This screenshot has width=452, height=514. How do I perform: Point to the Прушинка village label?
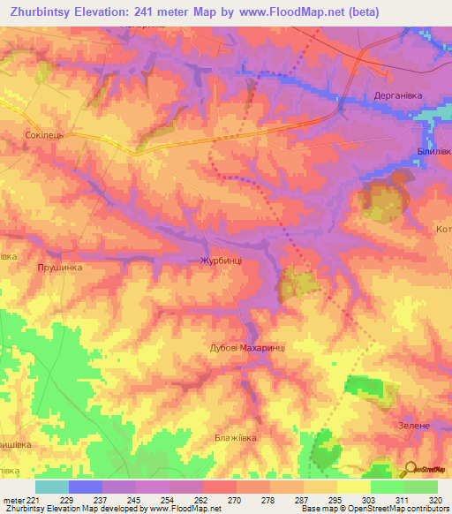(60, 266)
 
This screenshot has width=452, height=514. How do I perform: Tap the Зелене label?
(413, 426)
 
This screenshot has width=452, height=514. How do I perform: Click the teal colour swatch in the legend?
(51, 487)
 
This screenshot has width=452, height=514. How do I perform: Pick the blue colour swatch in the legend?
(85, 487)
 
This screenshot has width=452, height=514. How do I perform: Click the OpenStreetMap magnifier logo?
(409, 469)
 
